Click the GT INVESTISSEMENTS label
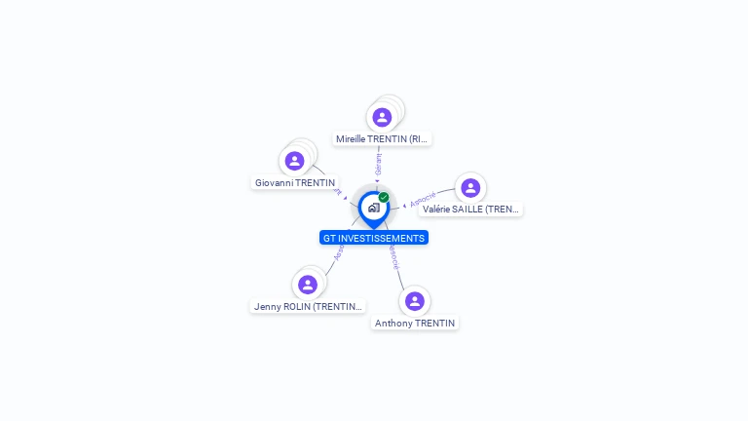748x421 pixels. pos(374,238)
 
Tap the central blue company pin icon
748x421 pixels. pos(373,208)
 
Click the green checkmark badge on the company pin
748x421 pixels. pos(384,198)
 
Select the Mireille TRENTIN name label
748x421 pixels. pos(382,139)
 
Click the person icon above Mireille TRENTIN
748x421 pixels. pos(382,117)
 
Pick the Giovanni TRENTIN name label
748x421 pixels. pos(295,183)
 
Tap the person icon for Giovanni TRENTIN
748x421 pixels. pos(295,161)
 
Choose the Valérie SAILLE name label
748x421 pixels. pos(471,210)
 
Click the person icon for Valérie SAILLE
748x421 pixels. pos(470,187)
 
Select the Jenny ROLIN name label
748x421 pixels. pos(308,306)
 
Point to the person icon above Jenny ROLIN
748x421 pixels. pos(308,285)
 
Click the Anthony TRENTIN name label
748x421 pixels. pos(415,324)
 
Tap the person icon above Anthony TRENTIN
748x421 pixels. pos(415,301)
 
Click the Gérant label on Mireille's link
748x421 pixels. pos(378,164)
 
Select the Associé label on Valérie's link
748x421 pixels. pos(424,199)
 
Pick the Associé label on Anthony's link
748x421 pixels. pos(393,256)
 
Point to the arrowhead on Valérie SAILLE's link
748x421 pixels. pos(404,205)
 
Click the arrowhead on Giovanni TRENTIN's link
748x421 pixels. pos(345,198)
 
